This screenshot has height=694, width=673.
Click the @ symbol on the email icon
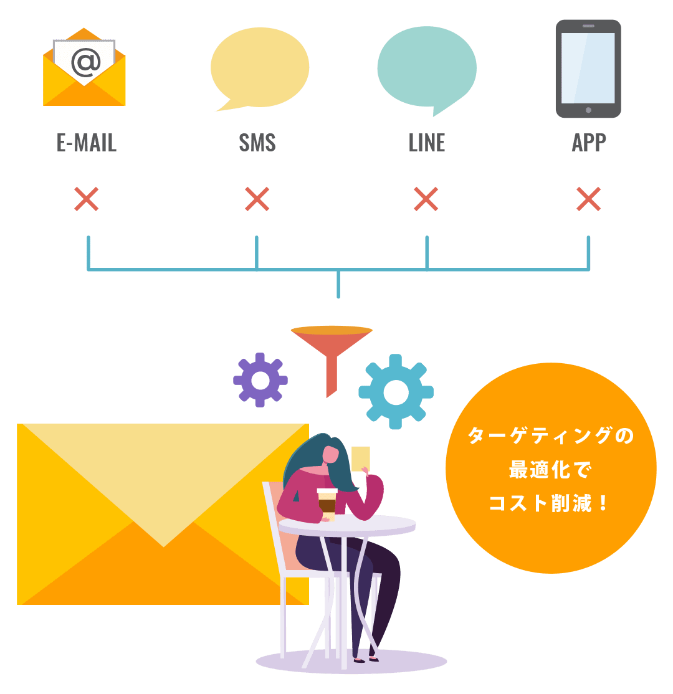click(85, 62)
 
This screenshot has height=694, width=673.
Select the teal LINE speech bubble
click(426, 67)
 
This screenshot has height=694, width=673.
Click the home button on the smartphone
click(588, 110)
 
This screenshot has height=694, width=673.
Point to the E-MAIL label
click(87, 143)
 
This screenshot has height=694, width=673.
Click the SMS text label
click(257, 143)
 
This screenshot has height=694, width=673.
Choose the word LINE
click(427, 143)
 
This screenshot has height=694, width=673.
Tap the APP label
click(589, 143)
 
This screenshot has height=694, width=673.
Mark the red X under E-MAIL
click(87, 199)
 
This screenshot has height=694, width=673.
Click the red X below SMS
click(257, 199)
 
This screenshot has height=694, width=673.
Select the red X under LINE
click(426, 199)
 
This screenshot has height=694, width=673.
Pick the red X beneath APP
click(589, 199)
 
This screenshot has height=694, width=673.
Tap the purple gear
click(260, 379)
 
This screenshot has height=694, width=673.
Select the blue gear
click(396, 391)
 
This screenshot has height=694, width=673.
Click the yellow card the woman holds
click(360, 458)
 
